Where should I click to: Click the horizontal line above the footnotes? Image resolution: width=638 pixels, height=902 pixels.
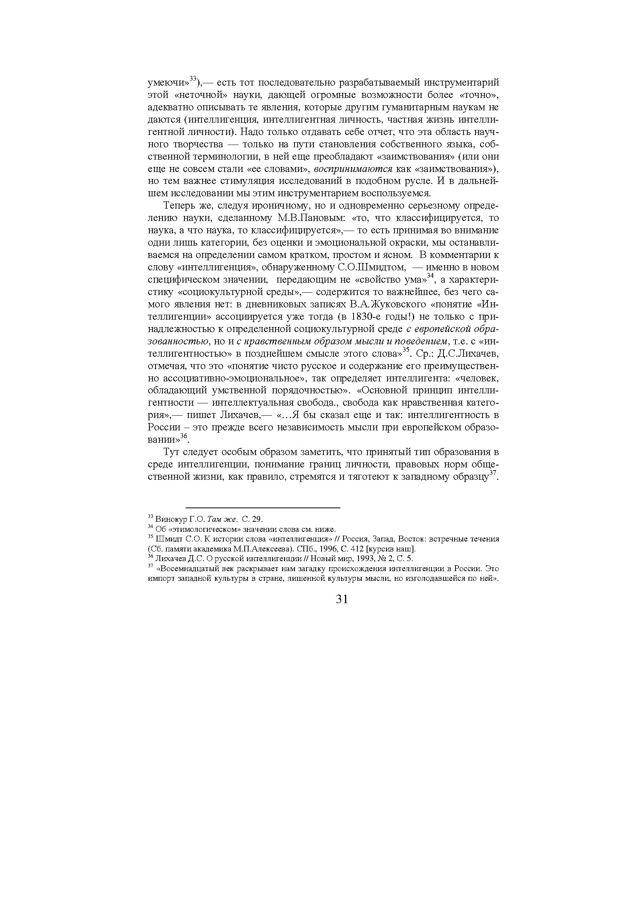tap(262, 508)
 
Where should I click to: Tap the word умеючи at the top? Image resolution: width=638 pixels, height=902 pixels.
tap(166, 83)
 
